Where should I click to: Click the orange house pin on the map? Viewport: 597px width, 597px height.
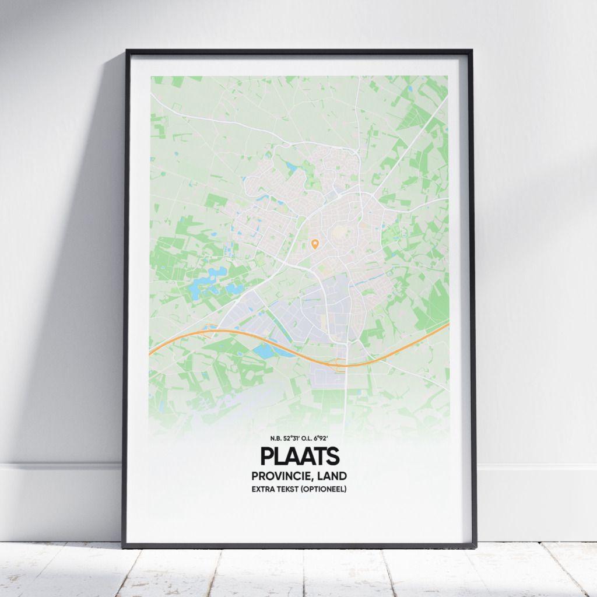(x=315, y=243)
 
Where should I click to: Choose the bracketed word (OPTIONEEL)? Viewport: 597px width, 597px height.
(x=324, y=489)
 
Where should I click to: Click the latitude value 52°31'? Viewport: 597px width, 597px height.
(x=295, y=438)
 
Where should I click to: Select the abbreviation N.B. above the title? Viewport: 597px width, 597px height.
(x=276, y=438)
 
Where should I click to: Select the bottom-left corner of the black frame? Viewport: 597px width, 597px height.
(x=123, y=546)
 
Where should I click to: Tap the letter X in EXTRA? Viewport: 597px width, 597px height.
(x=260, y=489)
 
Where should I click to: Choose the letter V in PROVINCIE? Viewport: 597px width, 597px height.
(x=278, y=476)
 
